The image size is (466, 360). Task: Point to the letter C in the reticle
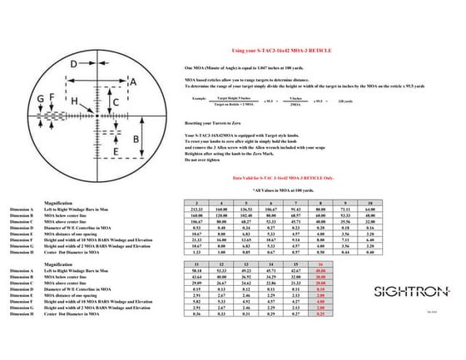[116, 101]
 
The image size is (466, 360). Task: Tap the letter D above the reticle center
[73, 63]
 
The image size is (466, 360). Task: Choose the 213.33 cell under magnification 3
[196, 210]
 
